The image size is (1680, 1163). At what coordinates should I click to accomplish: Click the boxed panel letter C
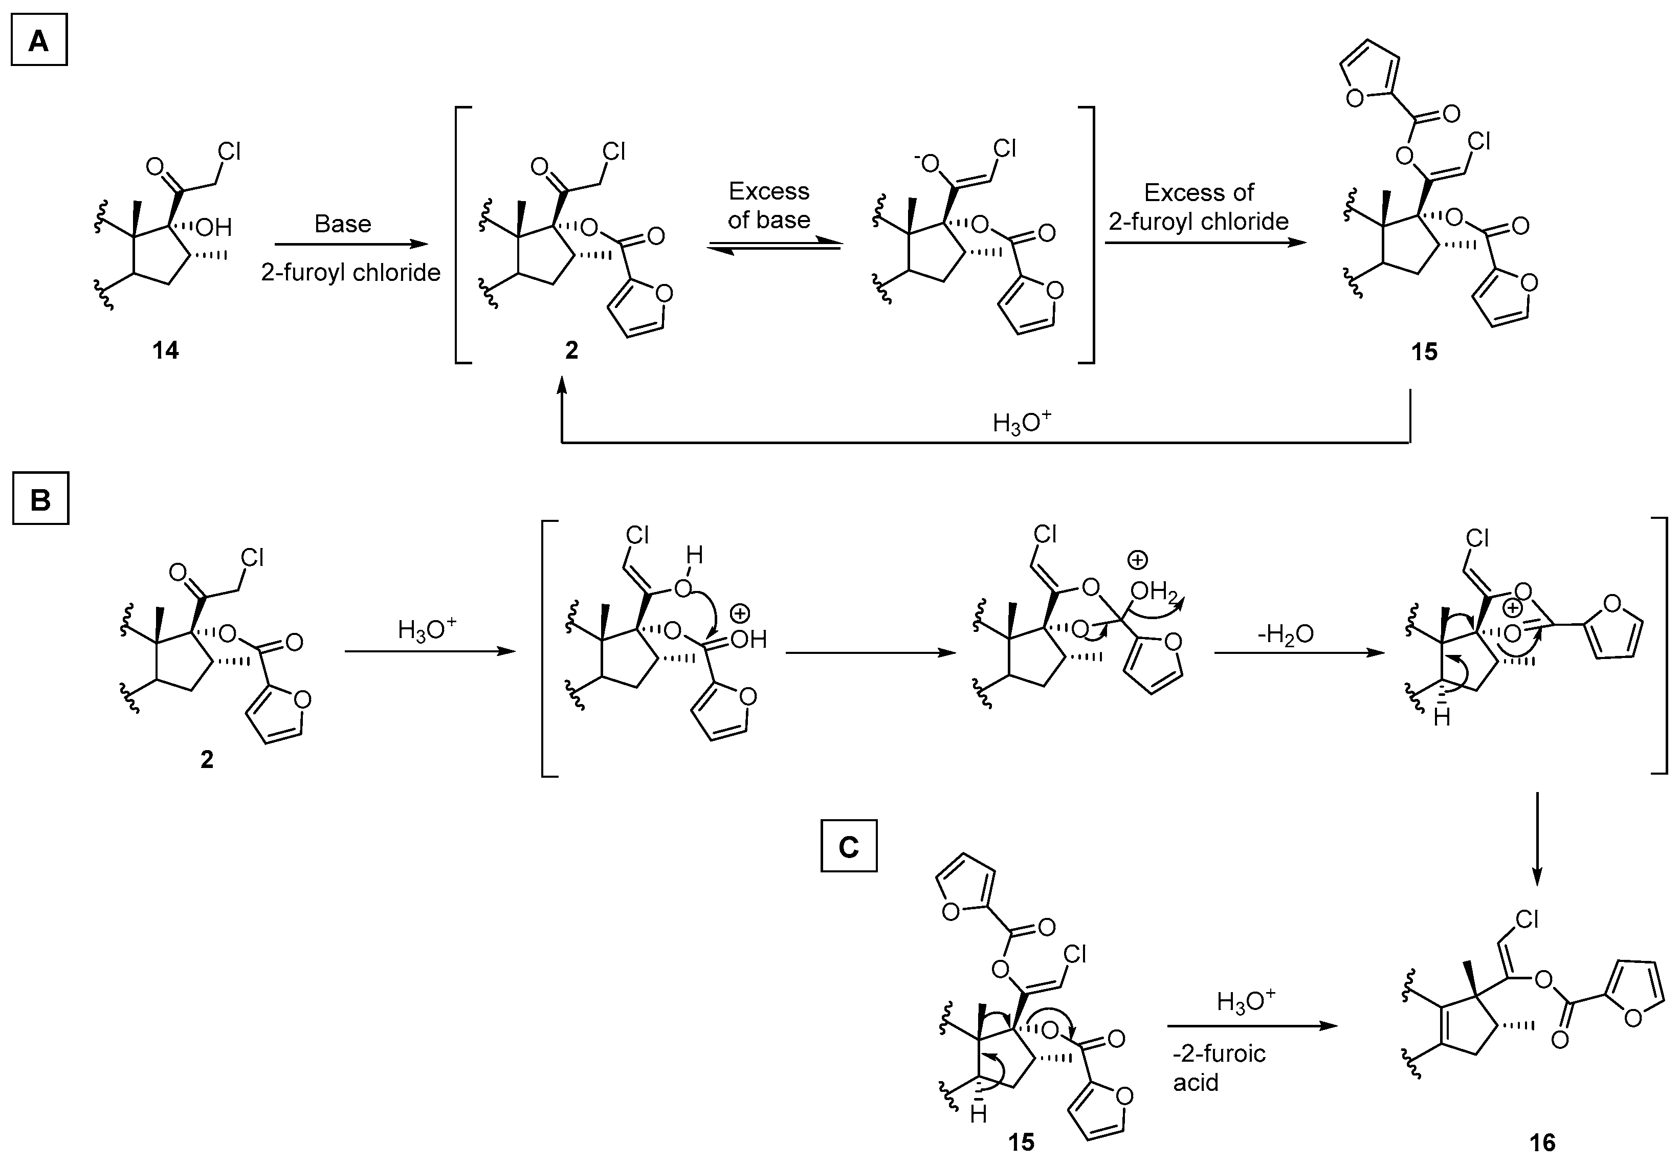(849, 847)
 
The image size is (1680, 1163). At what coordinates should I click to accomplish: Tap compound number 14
(165, 350)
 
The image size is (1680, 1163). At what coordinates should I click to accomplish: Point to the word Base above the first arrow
(342, 224)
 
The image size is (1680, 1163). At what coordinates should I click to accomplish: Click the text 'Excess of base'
(769, 206)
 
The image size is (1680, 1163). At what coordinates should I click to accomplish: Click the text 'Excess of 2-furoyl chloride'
(1199, 206)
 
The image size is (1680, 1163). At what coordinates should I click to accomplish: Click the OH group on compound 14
(213, 228)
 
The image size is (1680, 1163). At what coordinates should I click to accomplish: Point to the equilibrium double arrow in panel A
(773, 247)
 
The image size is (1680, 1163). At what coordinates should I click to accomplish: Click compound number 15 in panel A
(1424, 352)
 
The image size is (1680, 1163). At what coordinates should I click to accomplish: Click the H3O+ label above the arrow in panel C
(1246, 1003)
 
